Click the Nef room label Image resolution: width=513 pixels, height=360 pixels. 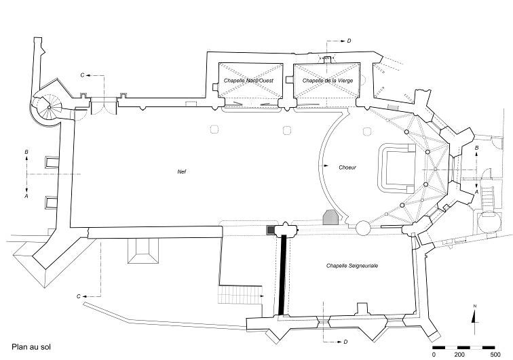click(x=182, y=172)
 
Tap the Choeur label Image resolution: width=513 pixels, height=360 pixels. click(x=347, y=167)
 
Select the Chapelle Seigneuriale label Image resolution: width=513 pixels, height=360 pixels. click(x=352, y=266)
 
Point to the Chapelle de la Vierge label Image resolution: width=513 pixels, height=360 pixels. click(x=328, y=81)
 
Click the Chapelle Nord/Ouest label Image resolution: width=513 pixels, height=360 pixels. click(x=248, y=81)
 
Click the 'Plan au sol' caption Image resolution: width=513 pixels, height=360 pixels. click(x=31, y=346)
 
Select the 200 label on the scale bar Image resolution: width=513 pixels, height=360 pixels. click(x=459, y=355)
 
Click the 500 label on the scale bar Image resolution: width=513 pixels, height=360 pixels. click(x=495, y=355)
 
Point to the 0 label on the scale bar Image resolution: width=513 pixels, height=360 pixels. click(x=434, y=355)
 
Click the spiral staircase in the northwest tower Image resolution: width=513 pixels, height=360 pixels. click(x=49, y=107)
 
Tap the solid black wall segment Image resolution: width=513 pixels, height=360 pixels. click(x=282, y=275)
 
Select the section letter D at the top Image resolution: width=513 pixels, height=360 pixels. click(x=349, y=41)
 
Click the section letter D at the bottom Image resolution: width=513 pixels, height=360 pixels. click(x=346, y=342)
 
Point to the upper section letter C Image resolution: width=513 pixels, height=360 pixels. click(x=83, y=75)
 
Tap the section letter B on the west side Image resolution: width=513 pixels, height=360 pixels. click(x=26, y=152)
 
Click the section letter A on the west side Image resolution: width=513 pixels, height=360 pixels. click(x=26, y=196)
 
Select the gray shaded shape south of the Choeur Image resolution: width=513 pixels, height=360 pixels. click(x=330, y=218)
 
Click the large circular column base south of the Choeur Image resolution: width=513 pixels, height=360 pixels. click(x=363, y=227)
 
